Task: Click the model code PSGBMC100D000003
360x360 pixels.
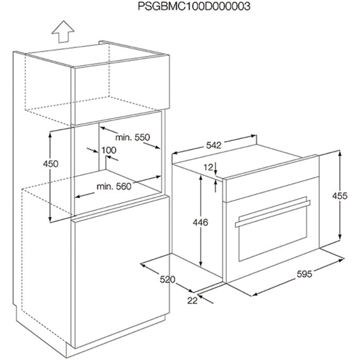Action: (194, 7)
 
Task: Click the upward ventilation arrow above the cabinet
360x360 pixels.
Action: (63, 32)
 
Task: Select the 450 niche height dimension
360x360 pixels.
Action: (51, 164)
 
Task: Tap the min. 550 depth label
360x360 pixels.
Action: (133, 137)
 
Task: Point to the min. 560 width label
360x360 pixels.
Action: (114, 186)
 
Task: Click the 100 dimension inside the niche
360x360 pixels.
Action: (109, 150)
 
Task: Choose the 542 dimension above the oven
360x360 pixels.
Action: (214, 145)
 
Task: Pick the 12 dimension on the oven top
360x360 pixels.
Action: (208, 167)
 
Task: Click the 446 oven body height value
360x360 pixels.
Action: (200, 222)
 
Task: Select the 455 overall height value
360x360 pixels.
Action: (340, 196)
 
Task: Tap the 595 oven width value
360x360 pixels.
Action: (304, 274)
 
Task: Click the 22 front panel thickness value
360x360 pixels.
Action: (192, 301)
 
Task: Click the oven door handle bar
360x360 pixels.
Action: (273, 214)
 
